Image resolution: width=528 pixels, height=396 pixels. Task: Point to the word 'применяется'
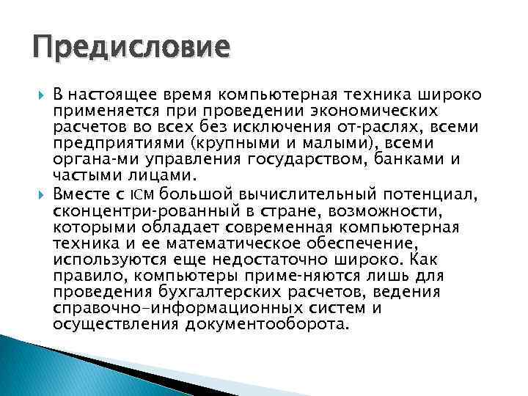(x=98, y=111)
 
